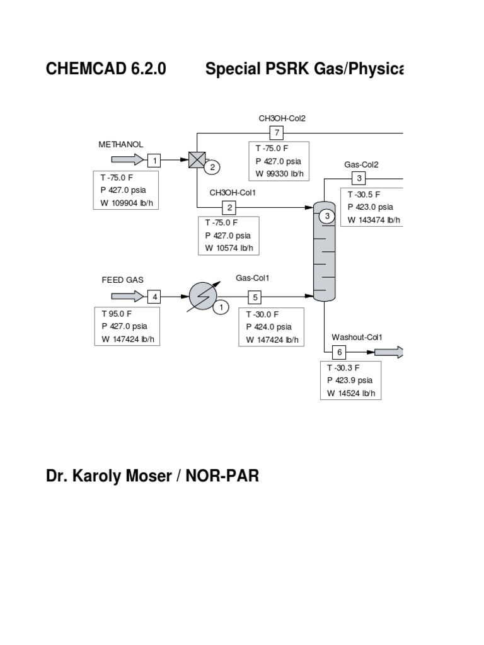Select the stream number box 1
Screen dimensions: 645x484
tap(154, 160)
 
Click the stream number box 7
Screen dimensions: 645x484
tap(277, 133)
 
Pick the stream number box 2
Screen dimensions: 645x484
tap(230, 207)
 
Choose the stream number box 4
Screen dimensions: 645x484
tap(154, 296)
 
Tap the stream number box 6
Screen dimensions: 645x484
tap(339, 352)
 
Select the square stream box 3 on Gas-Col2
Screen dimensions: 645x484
tap(357, 178)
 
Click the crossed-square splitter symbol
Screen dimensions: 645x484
tap(197, 160)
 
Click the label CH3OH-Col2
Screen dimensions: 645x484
tap(282, 118)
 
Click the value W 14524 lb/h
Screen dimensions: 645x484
tap(354, 394)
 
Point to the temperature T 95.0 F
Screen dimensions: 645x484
tap(118, 313)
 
